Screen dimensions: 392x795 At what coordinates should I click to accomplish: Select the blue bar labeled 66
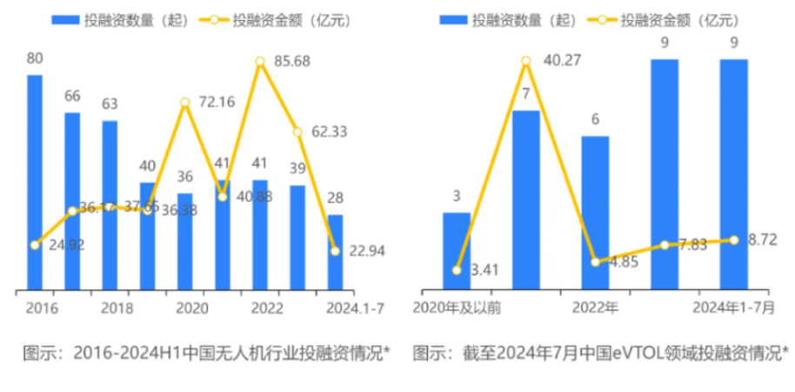coord(72,200)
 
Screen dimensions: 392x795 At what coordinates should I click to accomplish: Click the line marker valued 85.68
coord(259,61)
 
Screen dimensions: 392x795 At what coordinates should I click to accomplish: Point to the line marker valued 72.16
coord(185,102)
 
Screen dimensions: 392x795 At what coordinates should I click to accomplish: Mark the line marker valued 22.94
coord(335,251)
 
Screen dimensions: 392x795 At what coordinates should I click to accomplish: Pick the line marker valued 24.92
coord(35,245)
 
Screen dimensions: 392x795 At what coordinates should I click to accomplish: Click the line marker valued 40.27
coord(526,61)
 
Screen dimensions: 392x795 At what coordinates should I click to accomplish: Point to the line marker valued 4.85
coord(596,261)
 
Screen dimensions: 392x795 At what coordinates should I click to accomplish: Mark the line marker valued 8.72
coord(734,240)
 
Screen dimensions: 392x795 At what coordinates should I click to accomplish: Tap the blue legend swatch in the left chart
coord(66,18)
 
